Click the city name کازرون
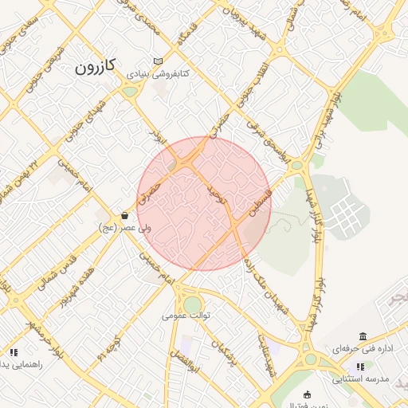[96, 66]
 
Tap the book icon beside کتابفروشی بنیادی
[158, 61]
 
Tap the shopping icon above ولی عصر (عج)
[124, 216]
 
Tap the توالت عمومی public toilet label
[186, 316]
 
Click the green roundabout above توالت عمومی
[192, 304]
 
